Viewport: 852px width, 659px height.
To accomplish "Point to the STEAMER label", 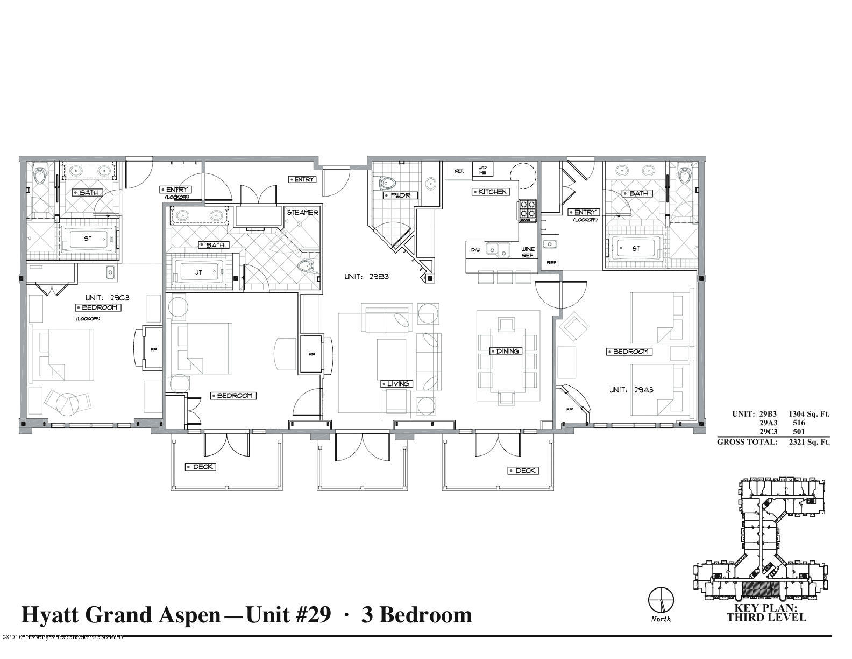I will tap(302, 212).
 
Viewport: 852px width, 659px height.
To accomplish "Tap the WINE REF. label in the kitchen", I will tap(527, 252).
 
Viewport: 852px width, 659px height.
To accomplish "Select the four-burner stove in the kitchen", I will tap(527, 211).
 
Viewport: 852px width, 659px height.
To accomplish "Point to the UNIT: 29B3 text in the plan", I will tap(366, 277).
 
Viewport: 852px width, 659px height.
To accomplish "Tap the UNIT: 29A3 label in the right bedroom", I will tap(631, 390).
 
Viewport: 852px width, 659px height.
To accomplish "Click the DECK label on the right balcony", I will tap(523, 471).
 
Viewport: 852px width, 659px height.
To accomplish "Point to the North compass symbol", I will tap(661, 599).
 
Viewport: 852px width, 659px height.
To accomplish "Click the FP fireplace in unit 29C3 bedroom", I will tap(153, 348).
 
